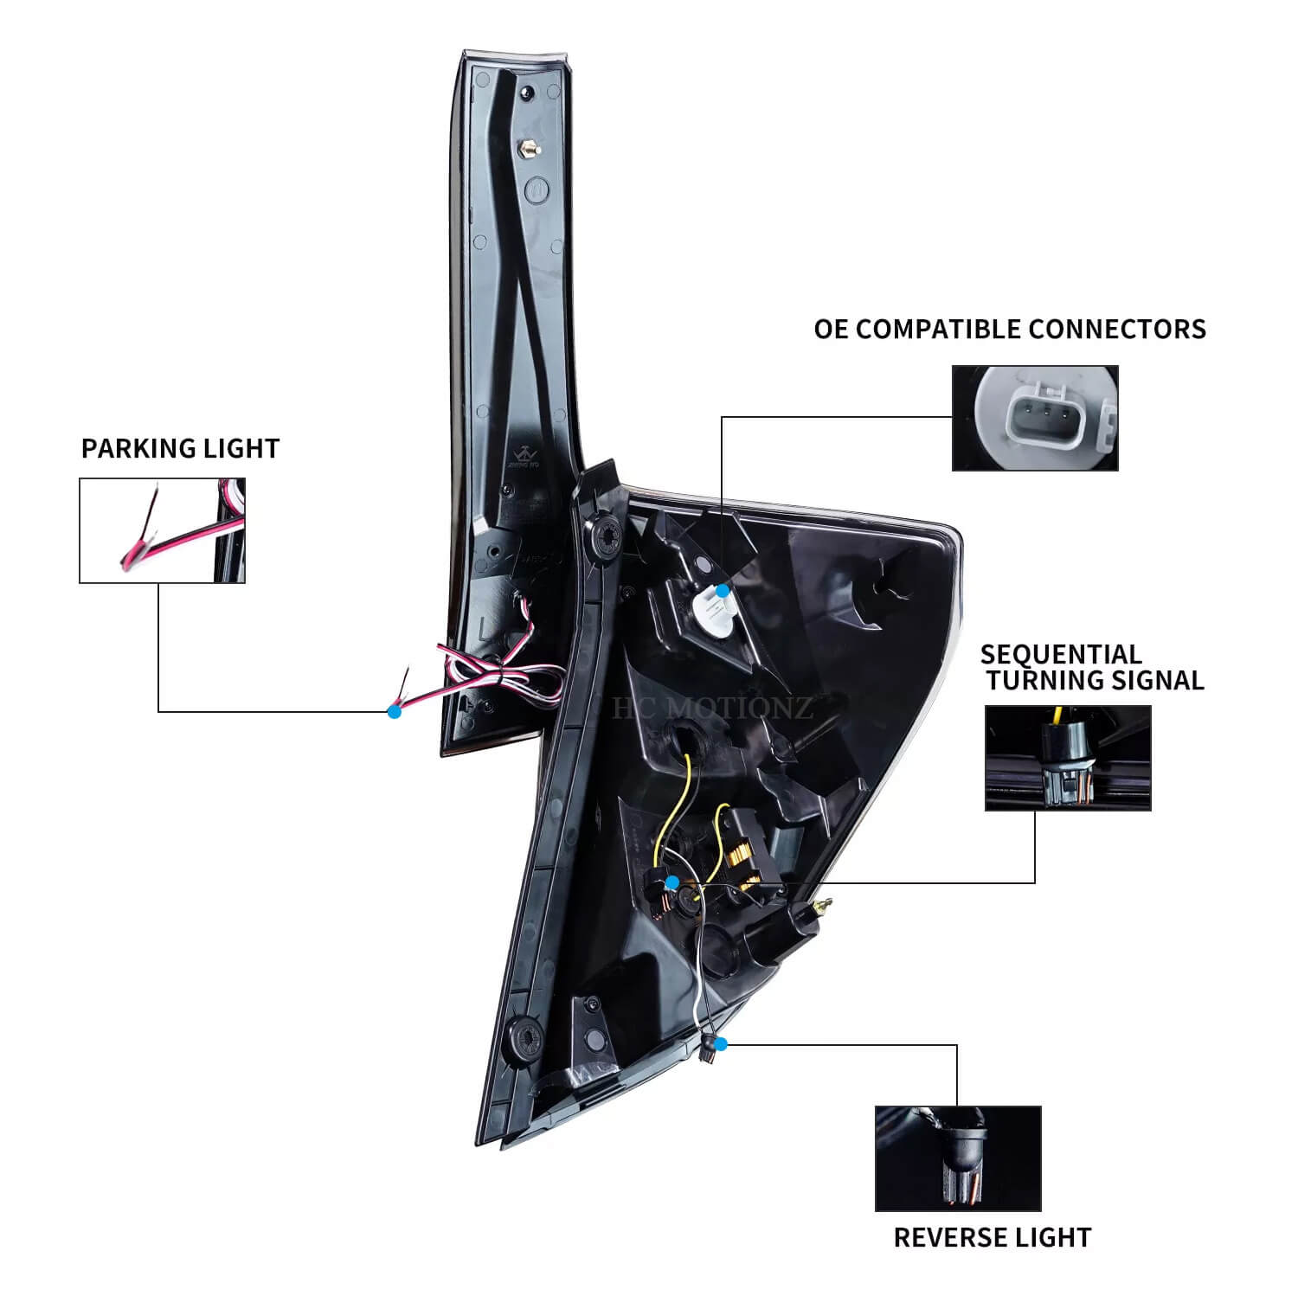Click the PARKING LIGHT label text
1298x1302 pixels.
180,448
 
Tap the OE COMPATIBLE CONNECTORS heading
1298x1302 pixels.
1010,329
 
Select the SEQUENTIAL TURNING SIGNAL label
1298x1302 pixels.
1093,667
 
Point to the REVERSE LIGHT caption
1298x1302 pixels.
993,1237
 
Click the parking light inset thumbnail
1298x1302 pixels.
163,530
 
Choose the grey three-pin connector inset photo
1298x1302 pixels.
1035,418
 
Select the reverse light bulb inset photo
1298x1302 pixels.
958,1158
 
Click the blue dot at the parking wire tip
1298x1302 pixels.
395,712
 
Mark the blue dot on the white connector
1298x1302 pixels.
722,588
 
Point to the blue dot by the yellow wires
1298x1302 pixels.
672,882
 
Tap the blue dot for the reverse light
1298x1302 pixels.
722,1044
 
